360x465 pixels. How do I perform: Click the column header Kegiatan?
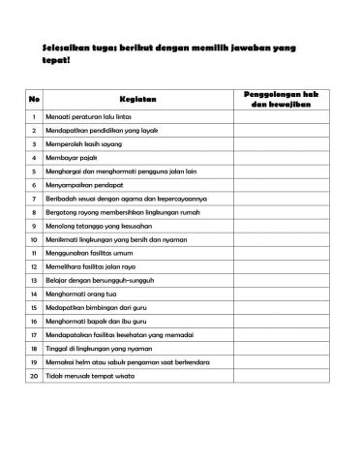tap(137, 98)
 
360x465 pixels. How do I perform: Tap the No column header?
tap(35, 98)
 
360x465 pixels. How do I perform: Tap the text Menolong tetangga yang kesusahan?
tap(104, 225)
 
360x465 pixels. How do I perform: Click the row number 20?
tap(34, 401)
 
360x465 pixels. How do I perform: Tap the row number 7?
tap(34, 198)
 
